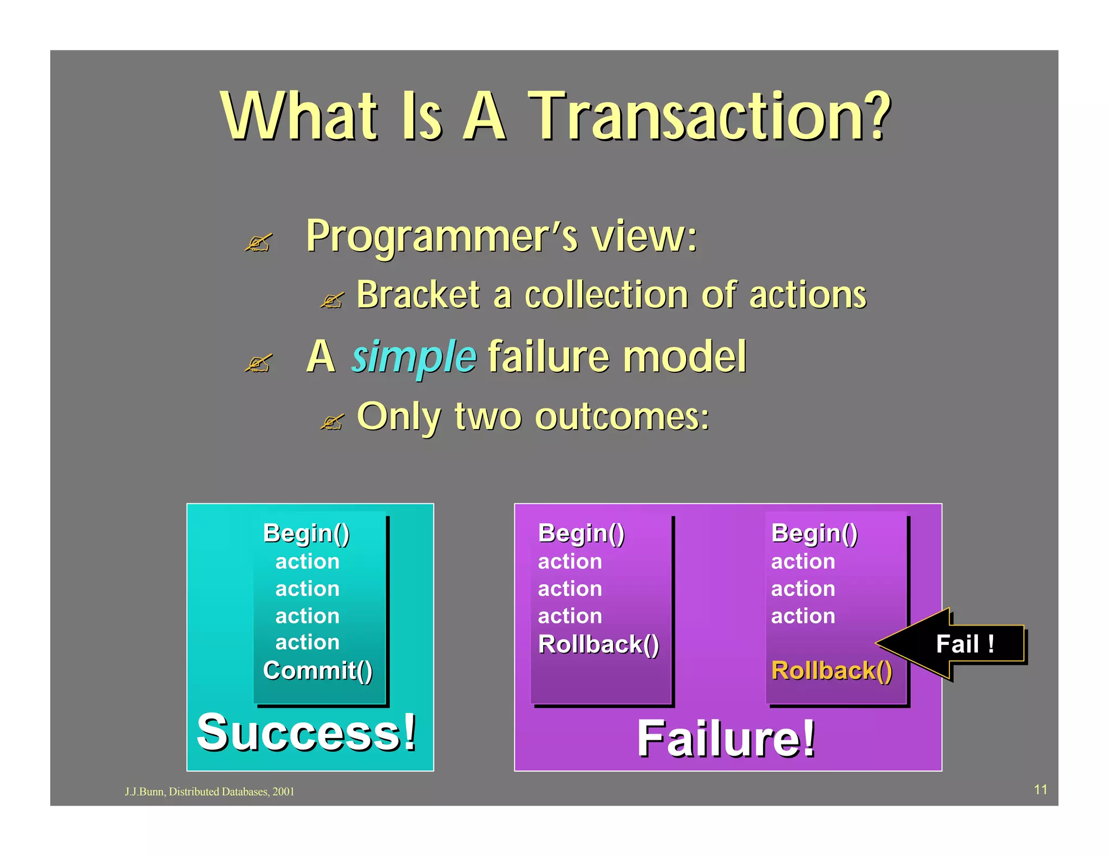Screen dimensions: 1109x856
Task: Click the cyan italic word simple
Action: pos(414,357)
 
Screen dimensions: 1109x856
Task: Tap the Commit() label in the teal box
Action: pos(318,670)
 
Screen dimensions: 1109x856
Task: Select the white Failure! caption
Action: pos(726,739)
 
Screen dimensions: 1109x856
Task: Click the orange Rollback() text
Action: pos(832,670)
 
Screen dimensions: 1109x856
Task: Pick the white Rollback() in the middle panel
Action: pos(598,644)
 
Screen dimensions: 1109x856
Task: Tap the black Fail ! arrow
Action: pos(951,643)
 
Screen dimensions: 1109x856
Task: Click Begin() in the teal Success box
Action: pos(306,533)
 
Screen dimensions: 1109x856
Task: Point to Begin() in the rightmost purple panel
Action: pos(814,533)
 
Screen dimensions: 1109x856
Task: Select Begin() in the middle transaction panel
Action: pos(582,533)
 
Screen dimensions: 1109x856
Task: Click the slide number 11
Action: pos(1041,789)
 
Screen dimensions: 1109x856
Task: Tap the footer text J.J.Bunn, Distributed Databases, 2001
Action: pos(210,792)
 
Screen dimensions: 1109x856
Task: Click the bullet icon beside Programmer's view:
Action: pos(258,242)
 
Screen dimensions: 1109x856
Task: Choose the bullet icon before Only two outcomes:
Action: pos(332,422)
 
